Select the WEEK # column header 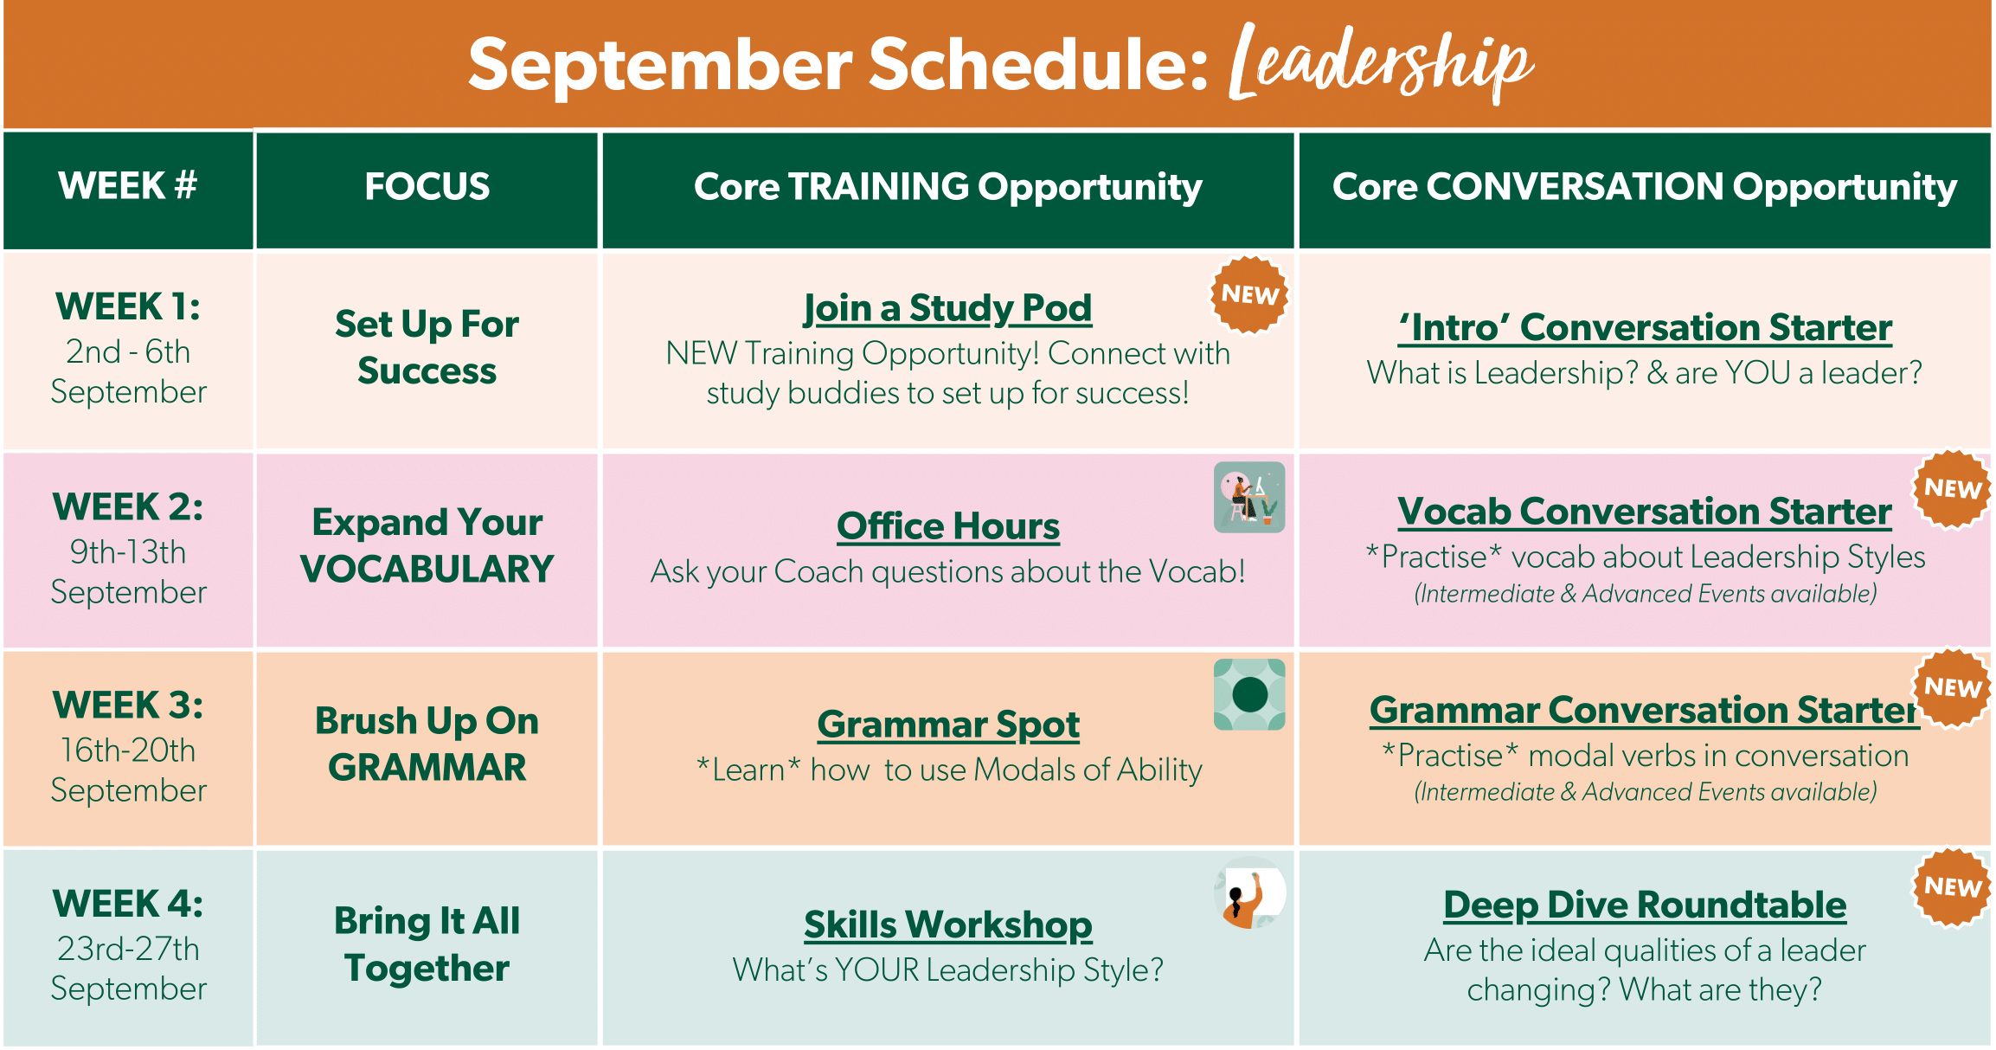click(128, 186)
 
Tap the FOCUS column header click(427, 187)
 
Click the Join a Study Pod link click(947, 308)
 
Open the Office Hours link click(948, 526)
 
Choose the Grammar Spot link click(948, 725)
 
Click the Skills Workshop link click(948, 924)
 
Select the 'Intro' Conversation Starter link click(1645, 328)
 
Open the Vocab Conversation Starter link click(1645, 512)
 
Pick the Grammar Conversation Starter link click(1645, 710)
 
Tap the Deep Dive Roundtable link click(1645, 905)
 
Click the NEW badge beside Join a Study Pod click(1249, 294)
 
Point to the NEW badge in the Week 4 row click(1952, 887)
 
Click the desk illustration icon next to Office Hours click(1249, 498)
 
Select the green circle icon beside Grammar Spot click(1249, 694)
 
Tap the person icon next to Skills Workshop click(1249, 893)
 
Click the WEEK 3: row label click(128, 705)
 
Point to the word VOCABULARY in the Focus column click(427, 570)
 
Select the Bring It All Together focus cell click(427, 944)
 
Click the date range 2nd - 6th click(128, 352)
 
